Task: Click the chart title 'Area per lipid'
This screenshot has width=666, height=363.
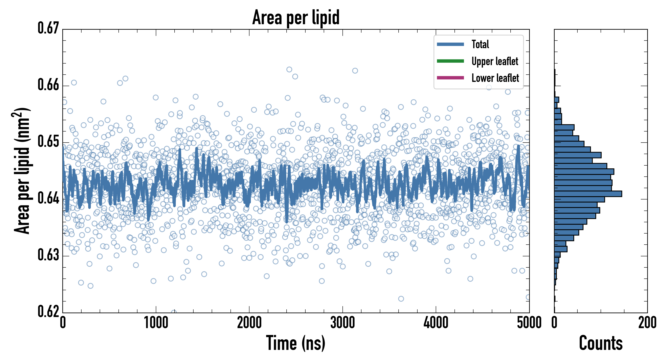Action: [296, 17]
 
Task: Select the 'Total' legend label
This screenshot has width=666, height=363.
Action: [480, 44]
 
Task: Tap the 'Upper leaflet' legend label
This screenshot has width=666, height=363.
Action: [495, 61]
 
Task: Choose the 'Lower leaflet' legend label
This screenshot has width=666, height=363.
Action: [495, 78]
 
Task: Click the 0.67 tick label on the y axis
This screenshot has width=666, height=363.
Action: [48, 28]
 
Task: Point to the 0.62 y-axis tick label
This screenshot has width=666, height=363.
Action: [48, 311]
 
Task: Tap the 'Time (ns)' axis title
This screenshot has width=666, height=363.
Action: [296, 343]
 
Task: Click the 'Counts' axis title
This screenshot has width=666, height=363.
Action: [601, 343]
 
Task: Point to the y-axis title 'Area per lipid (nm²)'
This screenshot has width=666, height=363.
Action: [22, 171]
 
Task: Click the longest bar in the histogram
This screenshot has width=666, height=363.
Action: [588, 194]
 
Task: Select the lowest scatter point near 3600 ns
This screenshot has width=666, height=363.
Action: [401, 299]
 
